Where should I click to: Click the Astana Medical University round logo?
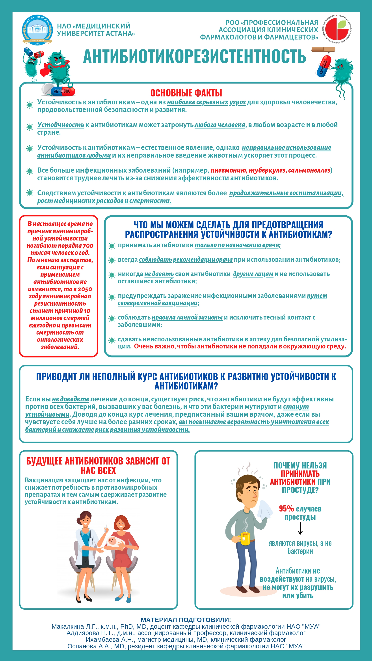pos(37,30)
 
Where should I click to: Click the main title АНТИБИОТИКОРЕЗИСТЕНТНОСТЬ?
pos(195,56)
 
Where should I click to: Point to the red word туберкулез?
pos(267,170)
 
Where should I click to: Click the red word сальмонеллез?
pos(309,170)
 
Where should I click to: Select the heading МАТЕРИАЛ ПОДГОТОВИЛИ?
pos(186,620)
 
